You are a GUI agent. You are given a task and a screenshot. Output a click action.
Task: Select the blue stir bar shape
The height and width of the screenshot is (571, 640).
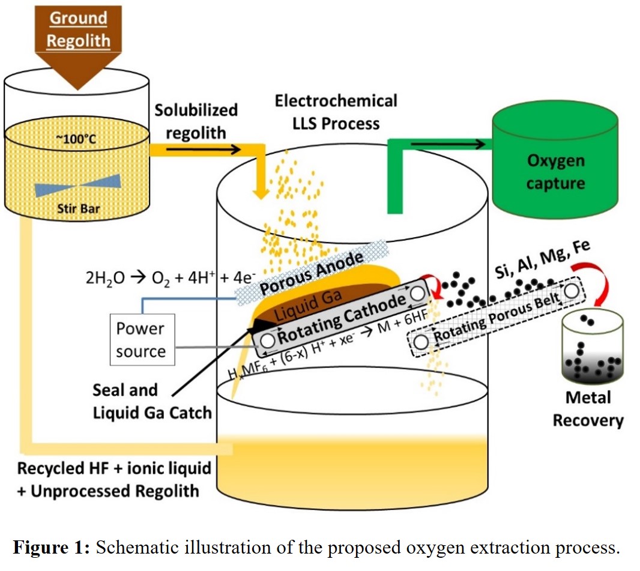pyautogui.click(x=77, y=187)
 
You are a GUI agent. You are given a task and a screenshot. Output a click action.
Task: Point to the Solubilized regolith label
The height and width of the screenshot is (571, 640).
pyautogui.click(x=196, y=121)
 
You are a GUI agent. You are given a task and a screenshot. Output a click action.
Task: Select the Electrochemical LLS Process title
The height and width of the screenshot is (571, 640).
pyautogui.click(x=336, y=112)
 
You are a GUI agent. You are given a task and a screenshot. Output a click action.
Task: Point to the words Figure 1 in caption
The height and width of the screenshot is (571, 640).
pyautogui.click(x=51, y=548)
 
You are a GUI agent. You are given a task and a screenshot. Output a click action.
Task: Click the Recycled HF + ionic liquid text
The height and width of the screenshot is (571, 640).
pyautogui.click(x=115, y=468)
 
